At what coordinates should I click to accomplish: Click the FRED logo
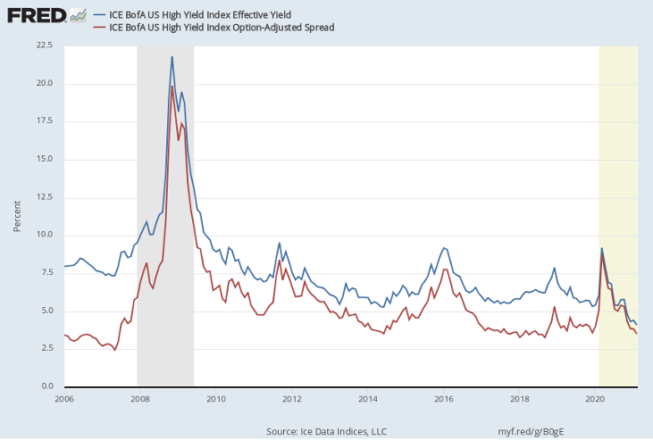pos(36,15)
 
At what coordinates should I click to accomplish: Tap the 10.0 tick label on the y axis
pos(43,235)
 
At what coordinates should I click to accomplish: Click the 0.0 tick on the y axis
pos(46,386)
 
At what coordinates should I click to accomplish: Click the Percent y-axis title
pos(17,215)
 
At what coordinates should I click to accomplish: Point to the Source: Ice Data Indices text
pos(326,432)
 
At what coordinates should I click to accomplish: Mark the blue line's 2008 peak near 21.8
pos(172,57)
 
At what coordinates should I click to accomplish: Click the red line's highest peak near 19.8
pos(172,86)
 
